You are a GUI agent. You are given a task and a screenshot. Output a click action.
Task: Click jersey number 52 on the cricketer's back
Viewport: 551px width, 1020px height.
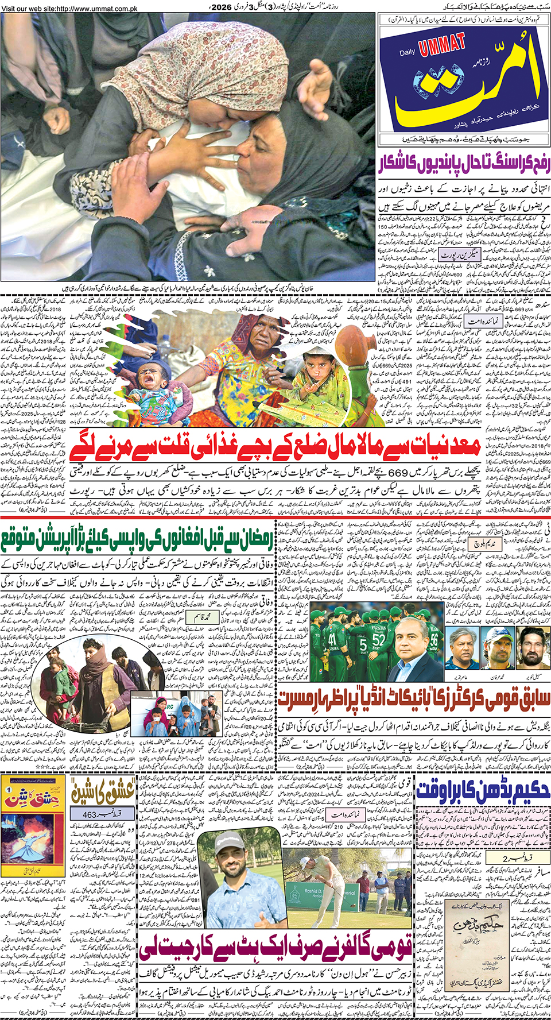click(378, 639)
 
